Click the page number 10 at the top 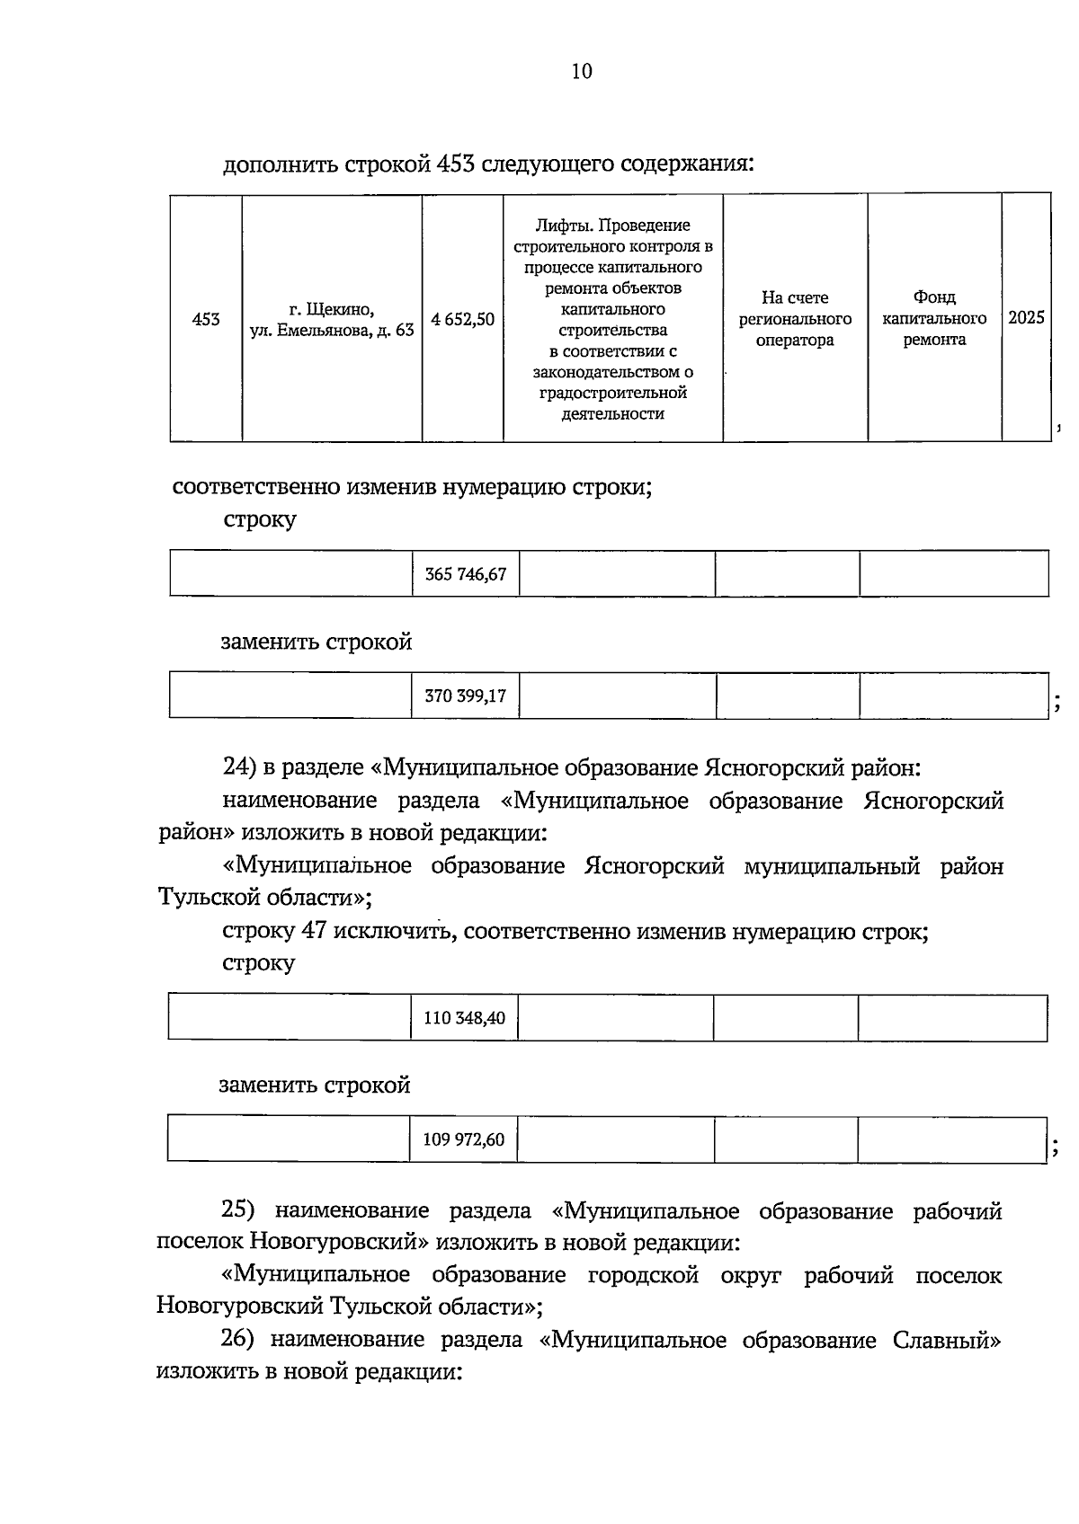582,71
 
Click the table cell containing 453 206,319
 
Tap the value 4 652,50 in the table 462,319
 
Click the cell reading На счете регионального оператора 795,319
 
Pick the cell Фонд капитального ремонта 934,319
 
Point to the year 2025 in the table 1026,318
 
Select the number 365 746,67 466,574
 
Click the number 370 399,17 465,696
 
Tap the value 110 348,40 464,1018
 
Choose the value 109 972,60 463,1140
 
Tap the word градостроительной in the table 612,393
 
